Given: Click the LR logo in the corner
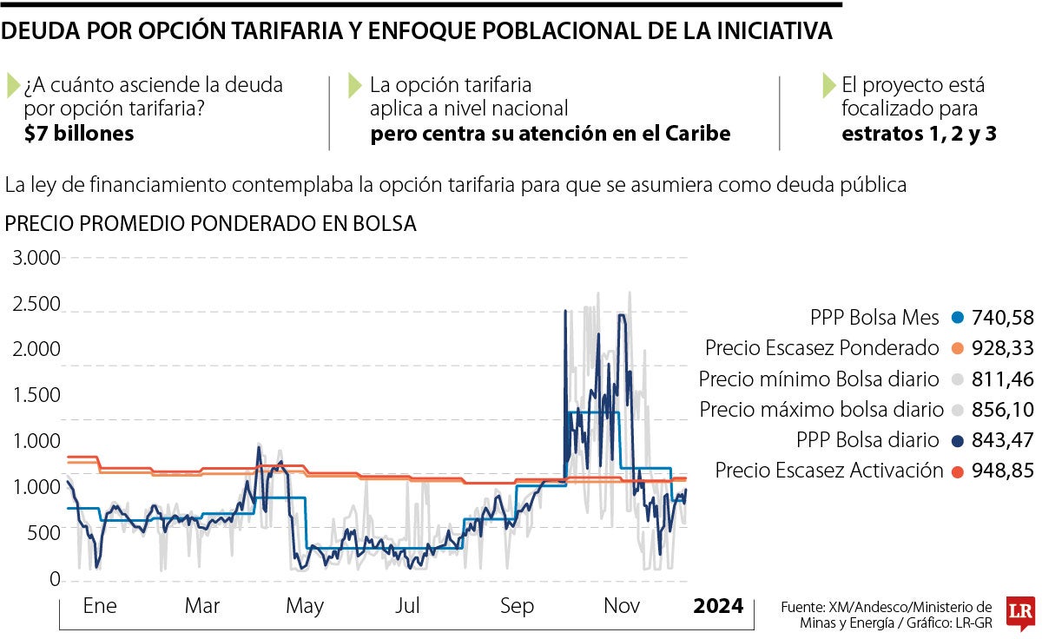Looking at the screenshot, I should (1019, 613).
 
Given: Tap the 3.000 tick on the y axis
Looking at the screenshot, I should (36, 258).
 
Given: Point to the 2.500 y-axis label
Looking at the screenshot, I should (36, 305).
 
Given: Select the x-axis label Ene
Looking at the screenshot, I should (100, 605).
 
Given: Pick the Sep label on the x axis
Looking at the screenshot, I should (516, 605).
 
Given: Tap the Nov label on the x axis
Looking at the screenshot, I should (621, 605).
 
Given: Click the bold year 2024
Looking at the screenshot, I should (718, 605).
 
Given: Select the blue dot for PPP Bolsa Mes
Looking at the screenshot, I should (958, 317).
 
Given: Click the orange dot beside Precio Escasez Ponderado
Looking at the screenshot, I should (958, 347).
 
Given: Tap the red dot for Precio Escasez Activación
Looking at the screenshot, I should (958, 471).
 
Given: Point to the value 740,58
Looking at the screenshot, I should (1004, 317).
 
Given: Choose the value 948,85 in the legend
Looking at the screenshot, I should (1004, 471).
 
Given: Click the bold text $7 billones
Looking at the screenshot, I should (79, 134).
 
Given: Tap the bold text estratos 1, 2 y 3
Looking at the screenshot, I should (920, 134).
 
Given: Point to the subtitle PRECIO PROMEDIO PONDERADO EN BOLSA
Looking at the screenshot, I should (211, 223).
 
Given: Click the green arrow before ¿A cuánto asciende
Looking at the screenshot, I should (13, 85).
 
